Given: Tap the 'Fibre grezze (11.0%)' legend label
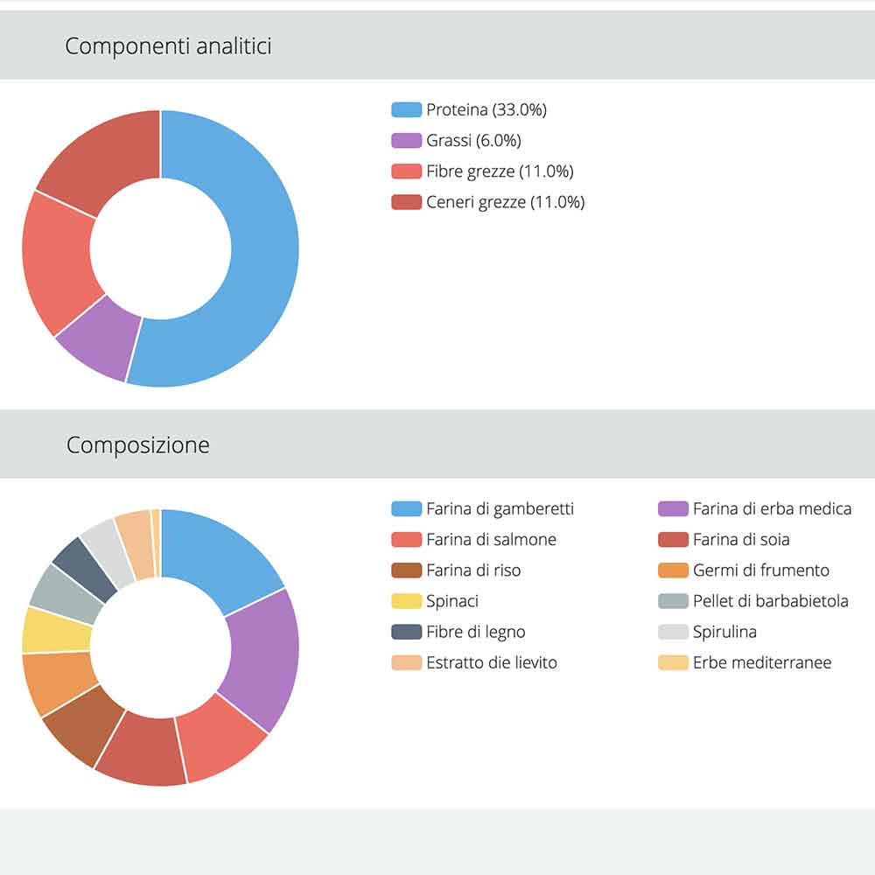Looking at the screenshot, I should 500,171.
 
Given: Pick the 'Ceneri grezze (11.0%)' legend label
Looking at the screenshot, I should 505,202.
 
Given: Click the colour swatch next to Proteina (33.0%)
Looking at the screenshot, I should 407,110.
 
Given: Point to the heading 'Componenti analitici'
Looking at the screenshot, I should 168,45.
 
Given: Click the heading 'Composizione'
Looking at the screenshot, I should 138,444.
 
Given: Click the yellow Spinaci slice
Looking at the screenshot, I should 56,630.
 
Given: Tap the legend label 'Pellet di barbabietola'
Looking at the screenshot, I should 770,601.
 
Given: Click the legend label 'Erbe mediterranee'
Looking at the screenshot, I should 761,662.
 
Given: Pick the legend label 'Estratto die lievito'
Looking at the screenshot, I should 491,662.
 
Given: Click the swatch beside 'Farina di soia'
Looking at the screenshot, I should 673,540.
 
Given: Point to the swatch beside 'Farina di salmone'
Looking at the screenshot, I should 407,540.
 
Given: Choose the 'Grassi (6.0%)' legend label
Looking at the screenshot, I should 473,141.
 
